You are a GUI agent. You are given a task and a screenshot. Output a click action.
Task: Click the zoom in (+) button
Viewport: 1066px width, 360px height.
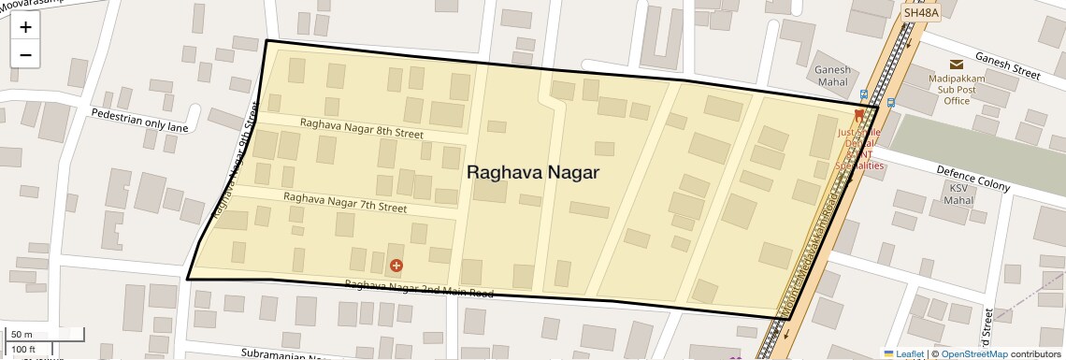pyautogui.click(x=25, y=27)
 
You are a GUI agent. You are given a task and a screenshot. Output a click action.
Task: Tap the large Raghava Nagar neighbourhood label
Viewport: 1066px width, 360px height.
pyautogui.click(x=532, y=172)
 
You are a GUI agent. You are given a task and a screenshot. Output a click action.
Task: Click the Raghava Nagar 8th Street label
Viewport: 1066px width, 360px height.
pyautogui.click(x=361, y=128)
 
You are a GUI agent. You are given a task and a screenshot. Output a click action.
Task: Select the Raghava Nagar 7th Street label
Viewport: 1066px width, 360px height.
pyautogui.click(x=345, y=202)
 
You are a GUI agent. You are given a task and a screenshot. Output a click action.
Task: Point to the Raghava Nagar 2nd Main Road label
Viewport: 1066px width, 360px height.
pyautogui.click(x=418, y=288)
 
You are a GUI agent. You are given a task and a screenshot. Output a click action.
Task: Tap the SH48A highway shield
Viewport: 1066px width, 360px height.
pyautogui.click(x=919, y=13)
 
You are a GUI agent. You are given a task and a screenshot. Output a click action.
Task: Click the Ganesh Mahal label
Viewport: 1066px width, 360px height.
pyautogui.click(x=832, y=76)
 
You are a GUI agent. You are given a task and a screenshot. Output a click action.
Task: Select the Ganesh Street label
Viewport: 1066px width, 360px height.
pyautogui.click(x=1007, y=64)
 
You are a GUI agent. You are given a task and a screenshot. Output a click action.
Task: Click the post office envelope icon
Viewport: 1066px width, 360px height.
pyautogui.click(x=957, y=65)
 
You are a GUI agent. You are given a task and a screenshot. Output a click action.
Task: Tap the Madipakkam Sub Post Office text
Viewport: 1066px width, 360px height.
pyautogui.click(x=957, y=90)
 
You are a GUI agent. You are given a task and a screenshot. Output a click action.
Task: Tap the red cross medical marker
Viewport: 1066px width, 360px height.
pyautogui.click(x=396, y=266)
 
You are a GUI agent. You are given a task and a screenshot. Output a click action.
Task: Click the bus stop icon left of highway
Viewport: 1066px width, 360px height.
pyautogui.click(x=863, y=94)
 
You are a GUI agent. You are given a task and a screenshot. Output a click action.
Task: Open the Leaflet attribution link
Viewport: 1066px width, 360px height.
pyautogui.click(x=903, y=353)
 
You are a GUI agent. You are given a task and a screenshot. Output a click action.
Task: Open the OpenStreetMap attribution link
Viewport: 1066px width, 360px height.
pyautogui.click(x=973, y=353)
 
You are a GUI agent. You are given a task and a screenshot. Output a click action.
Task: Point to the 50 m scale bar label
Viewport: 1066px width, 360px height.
pyautogui.click(x=22, y=335)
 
